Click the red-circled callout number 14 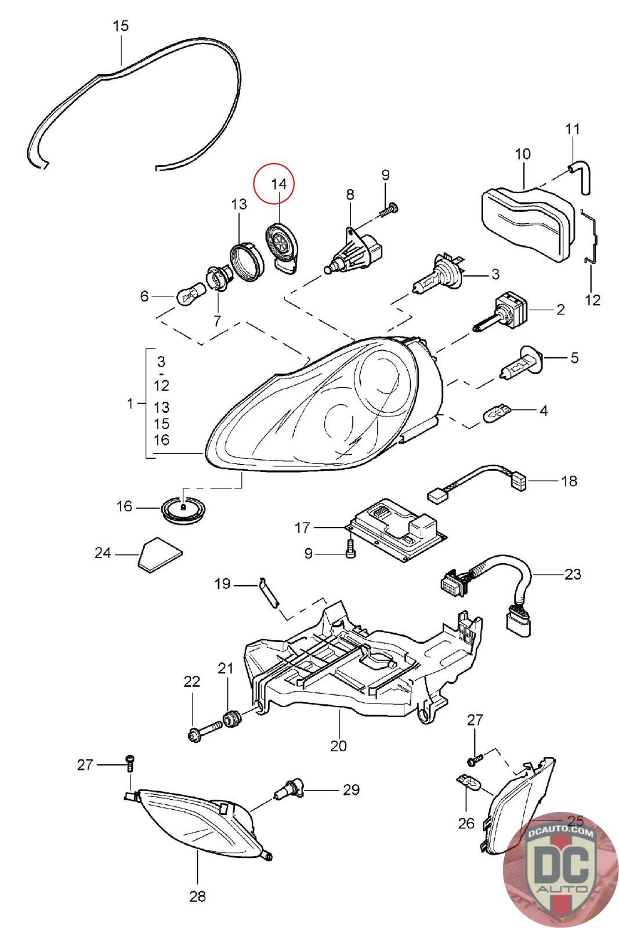click(x=278, y=183)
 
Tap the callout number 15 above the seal click(x=121, y=26)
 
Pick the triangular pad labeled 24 click(x=160, y=554)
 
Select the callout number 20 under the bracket click(x=338, y=746)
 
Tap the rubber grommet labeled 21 click(x=233, y=718)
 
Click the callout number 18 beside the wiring click(x=569, y=481)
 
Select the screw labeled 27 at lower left click(x=130, y=762)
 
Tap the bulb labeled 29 click(x=289, y=789)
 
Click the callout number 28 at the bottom click(x=198, y=897)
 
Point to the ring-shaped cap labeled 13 click(x=247, y=262)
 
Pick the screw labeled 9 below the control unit click(x=350, y=549)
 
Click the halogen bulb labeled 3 click(x=440, y=274)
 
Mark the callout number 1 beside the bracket click(x=131, y=403)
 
